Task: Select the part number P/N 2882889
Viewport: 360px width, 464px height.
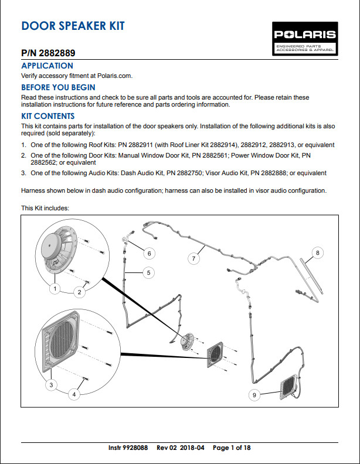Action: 47,53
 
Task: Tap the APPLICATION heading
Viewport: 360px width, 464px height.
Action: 47,66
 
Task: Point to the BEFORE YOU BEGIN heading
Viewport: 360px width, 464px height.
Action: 58,87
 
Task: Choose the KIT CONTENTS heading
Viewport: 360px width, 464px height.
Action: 47,116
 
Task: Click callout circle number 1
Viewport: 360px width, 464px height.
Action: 55,288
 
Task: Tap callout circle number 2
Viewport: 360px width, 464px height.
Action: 81,291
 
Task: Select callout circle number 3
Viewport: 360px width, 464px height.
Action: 52,384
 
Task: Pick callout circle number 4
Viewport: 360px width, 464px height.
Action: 74,395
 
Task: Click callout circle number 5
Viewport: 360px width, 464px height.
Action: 149,272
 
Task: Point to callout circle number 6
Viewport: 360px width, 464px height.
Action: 149,254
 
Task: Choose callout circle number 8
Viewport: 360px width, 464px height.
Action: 318,253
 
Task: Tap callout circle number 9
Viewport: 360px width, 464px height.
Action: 254,395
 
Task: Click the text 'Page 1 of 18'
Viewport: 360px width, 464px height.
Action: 232,448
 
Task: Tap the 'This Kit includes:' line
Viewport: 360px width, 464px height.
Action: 46,208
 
